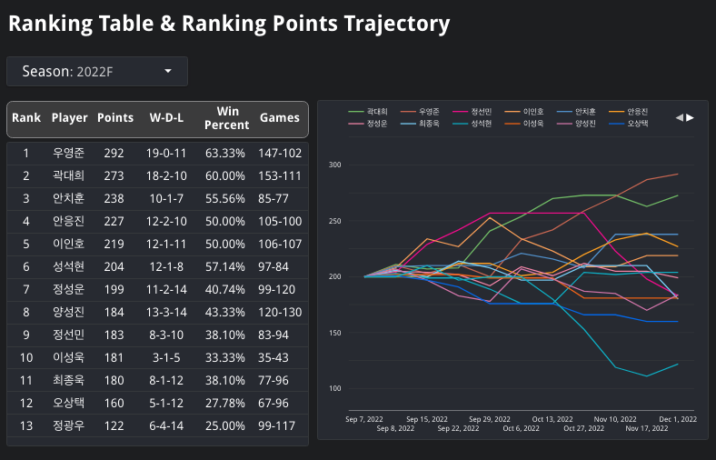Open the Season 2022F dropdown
click(96, 71)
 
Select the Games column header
click(280, 118)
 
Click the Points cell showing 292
click(114, 154)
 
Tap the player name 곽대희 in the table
click(69, 176)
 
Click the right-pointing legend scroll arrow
click(691, 117)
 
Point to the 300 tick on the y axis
click(334, 165)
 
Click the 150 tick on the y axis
click(334, 333)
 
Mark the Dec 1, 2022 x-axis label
click(676, 419)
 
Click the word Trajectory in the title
click(397, 24)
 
